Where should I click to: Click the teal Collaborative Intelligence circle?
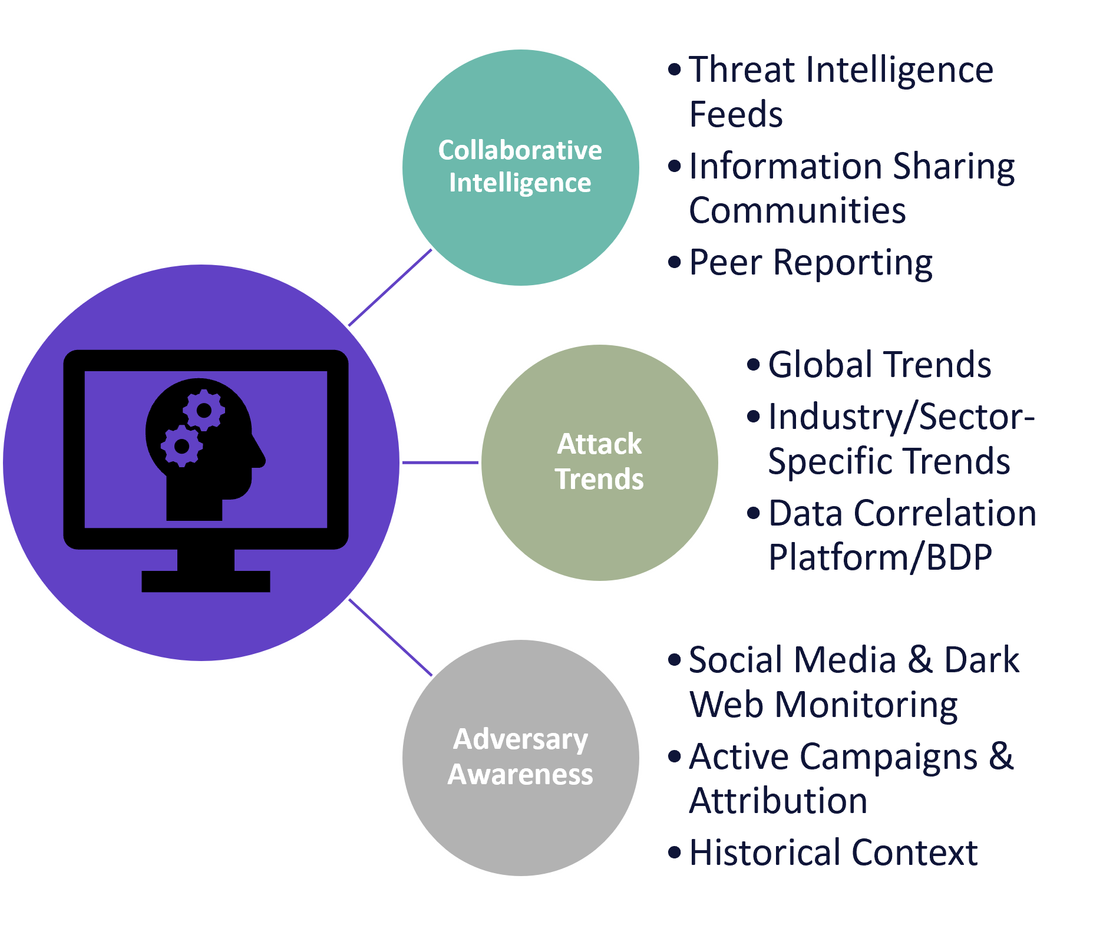tap(521, 168)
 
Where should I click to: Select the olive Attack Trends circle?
tap(600, 462)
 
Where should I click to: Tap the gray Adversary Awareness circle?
tap(521, 758)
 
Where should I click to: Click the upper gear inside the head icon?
tap(204, 410)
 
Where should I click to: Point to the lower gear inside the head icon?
tap(182, 446)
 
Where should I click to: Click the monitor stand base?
tap(206, 581)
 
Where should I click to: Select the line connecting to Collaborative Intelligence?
tap(390, 288)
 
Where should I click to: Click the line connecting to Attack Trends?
tap(440, 462)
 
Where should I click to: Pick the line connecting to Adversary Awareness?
tap(390, 637)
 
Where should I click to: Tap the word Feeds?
tap(736, 114)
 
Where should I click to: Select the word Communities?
tap(797, 210)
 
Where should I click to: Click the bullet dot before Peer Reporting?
tap(675, 261)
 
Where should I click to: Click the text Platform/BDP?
tap(880, 557)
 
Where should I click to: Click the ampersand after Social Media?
tap(920, 660)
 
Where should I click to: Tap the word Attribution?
tap(778, 801)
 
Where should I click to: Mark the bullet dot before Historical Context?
tap(675, 852)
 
